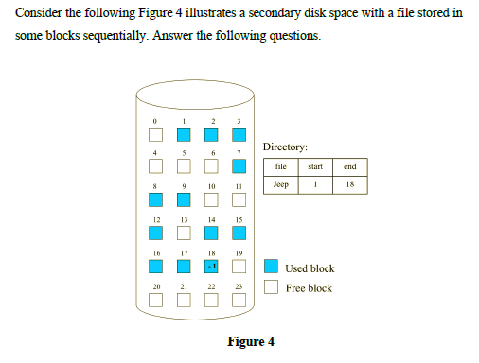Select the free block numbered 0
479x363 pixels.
click(156, 135)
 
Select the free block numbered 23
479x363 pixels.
click(240, 300)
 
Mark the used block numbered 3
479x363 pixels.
click(240, 135)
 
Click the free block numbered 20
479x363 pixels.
click(156, 300)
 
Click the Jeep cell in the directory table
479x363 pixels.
click(280, 185)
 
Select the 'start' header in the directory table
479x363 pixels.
click(315, 167)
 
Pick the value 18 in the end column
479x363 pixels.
click(349, 185)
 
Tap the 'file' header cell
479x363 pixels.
click(280, 167)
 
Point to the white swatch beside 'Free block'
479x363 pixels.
click(271, 286)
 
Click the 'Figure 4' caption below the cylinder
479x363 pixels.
click(251, 341)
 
